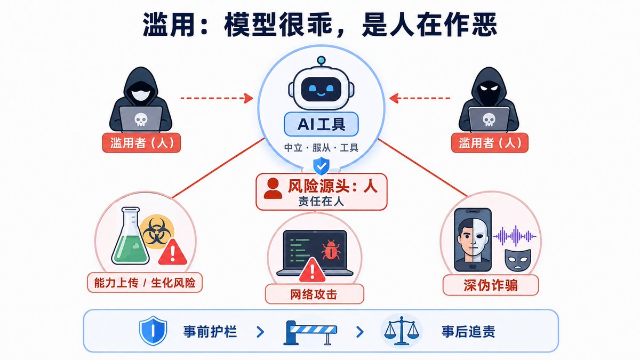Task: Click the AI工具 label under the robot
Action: coord(321,124)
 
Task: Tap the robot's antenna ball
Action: coord(322,60)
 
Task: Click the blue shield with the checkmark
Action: coord(322,166)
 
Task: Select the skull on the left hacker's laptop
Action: coord(141,119)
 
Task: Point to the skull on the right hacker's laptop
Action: coord(489,119)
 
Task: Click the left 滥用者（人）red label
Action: coord(142,142)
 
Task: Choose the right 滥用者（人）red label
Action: coord(490,142)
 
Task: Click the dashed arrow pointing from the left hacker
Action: coord(217,98)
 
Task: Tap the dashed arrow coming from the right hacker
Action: coord(420,98)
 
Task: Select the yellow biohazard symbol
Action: coord(157,231)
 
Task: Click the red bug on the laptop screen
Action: coord(331,250)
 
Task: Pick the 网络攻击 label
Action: coord(314,294)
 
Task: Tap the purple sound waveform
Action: coord(515,236)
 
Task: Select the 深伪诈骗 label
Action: coord(491,285)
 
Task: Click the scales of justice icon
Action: coord(402,331)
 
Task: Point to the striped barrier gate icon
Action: coord(310,332)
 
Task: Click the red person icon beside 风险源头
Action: coord(273,188)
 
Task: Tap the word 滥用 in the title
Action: coord(171,25)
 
